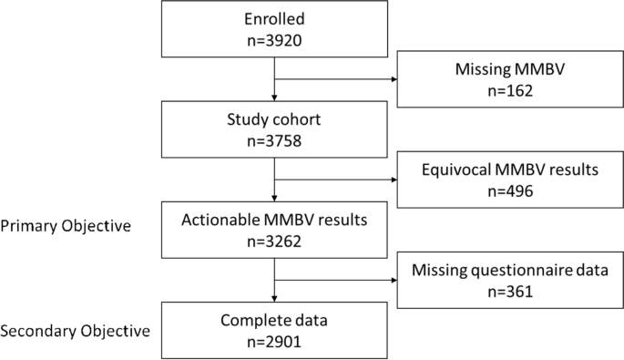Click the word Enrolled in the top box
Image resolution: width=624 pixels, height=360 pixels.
coord(274,19)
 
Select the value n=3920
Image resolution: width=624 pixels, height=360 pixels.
coord(274,42)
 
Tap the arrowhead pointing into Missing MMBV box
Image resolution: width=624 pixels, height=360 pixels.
coord(394,78)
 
